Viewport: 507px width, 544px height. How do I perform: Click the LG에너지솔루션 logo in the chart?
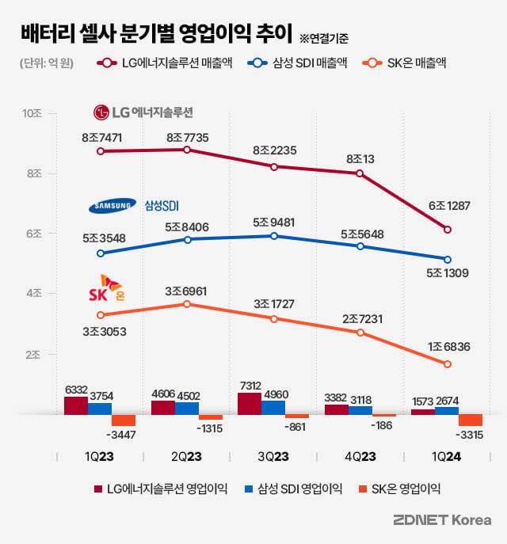[x=143, y=112]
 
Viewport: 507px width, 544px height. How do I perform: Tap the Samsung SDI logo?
[x=133, y=207]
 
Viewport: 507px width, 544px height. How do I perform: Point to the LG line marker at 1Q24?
[x=448, y=230]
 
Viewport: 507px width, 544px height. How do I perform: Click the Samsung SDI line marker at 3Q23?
[x=273, y=235]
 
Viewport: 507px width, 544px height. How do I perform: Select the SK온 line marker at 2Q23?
[x=187, y=304]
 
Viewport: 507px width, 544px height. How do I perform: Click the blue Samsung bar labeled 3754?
[x=100, y=408]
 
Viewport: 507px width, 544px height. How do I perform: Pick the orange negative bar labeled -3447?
[x=124, y=420]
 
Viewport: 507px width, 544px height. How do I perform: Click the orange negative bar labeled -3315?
[x=471, y=420]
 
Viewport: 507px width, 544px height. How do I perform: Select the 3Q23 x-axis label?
[x=273, y=457]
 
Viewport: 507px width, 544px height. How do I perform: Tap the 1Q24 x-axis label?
[x=448, y=457]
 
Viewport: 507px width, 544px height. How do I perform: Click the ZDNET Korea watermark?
[x=441, y=520]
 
